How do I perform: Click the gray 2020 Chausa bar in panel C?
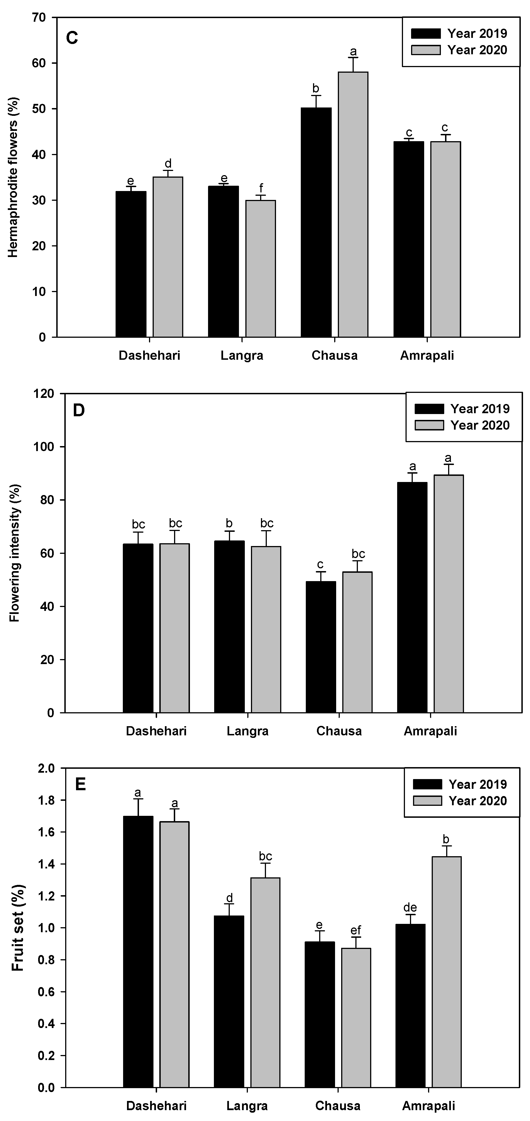[x=353, y=205]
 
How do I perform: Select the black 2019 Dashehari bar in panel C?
[x=131, y=264]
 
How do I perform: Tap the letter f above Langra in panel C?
[x=261, y=188]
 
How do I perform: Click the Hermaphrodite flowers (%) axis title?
[x=13, y=177]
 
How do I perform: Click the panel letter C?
[x=72, y=38]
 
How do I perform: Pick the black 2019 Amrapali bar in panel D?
[x=412, y=597]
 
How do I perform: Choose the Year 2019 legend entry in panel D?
[x=462, y=409]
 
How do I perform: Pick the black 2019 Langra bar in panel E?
[x=229, y=1001]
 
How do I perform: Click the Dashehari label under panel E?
[x=156, y=1106]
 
